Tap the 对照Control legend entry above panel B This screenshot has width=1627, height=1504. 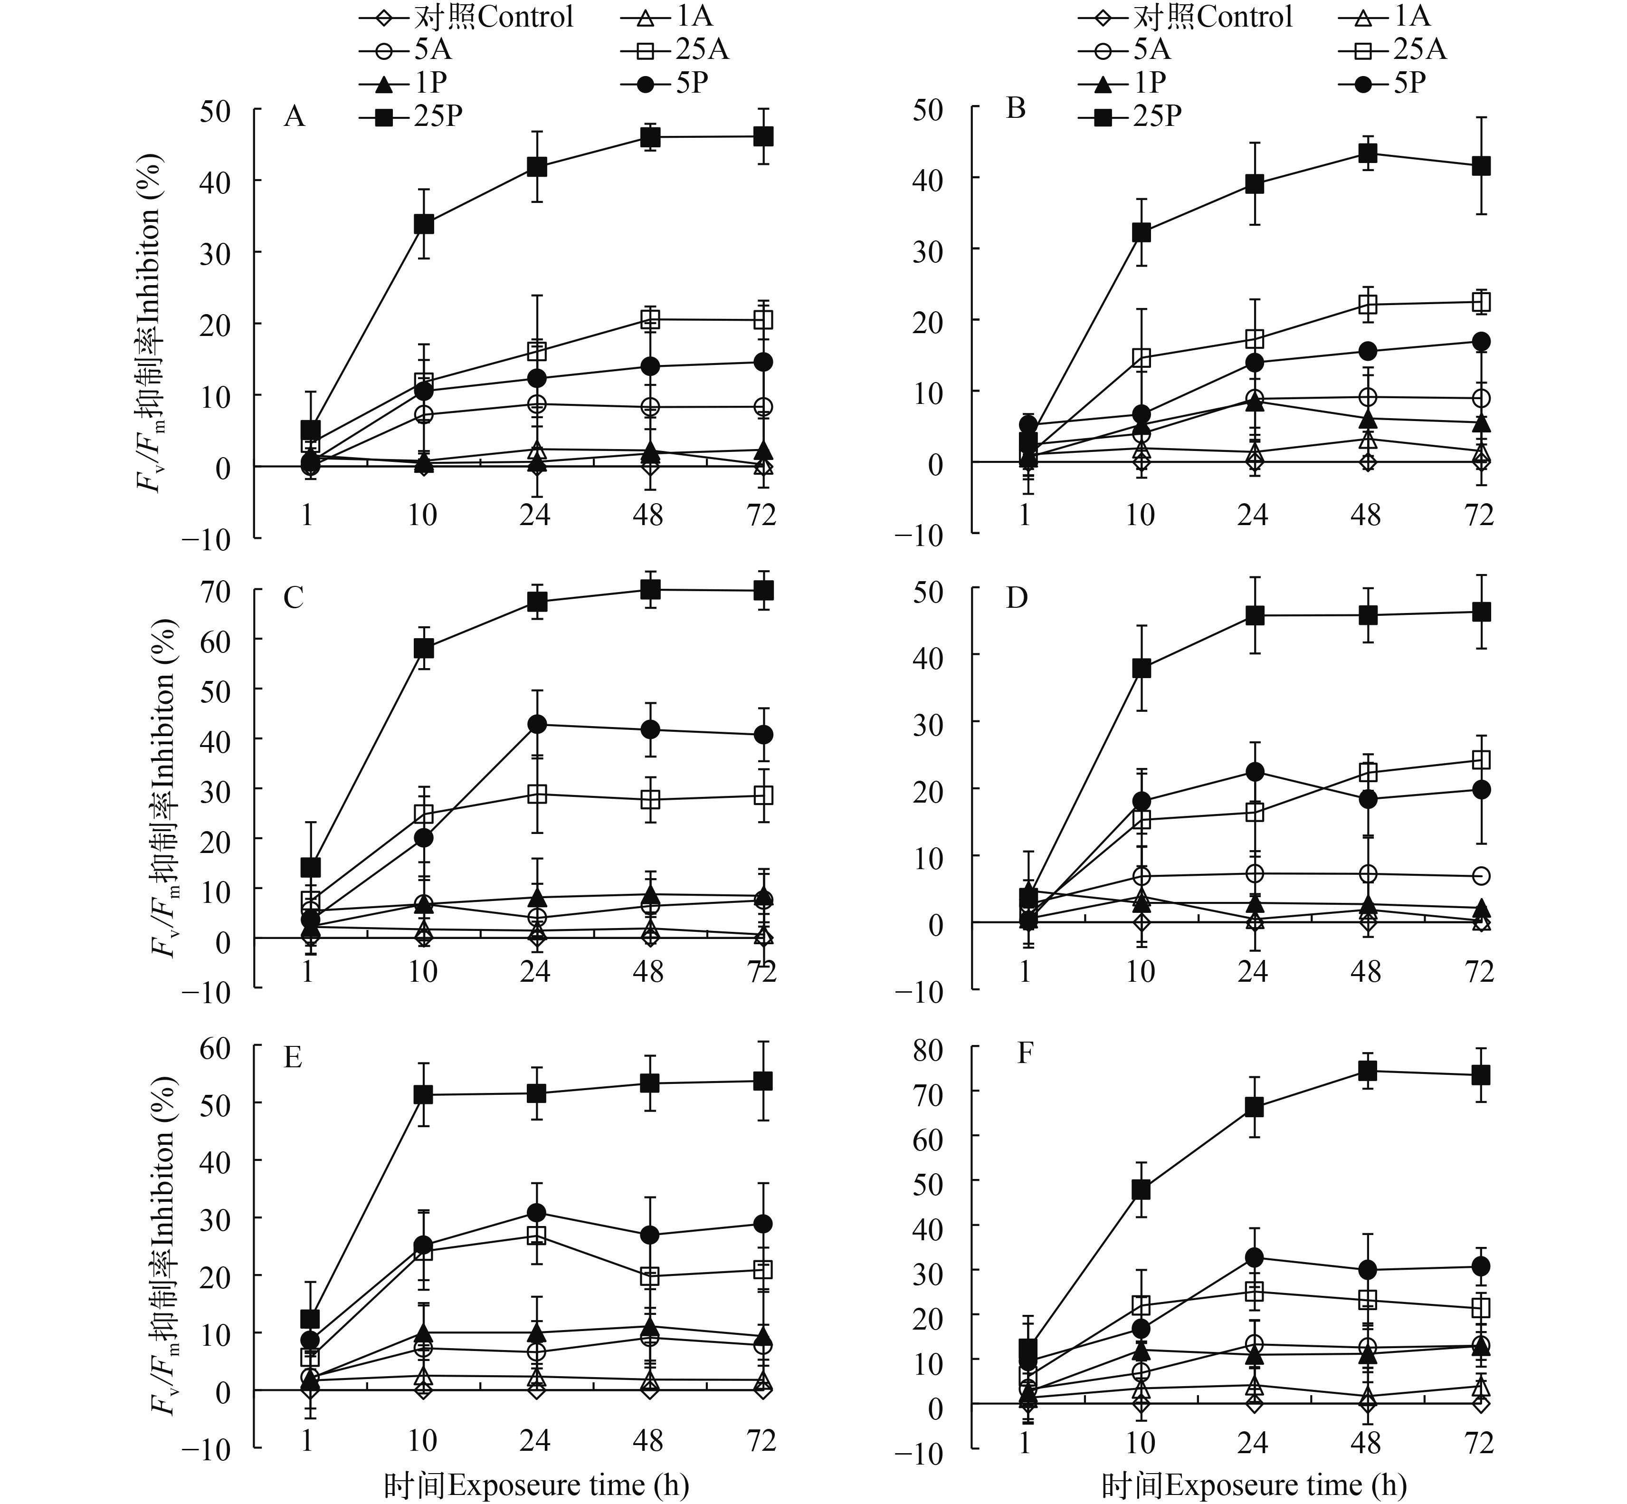(1187, 16)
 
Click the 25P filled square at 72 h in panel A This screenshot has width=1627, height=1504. (762, 137)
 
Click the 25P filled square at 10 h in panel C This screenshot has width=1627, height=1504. (423, 649)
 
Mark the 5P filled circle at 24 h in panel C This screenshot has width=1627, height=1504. (536, 724)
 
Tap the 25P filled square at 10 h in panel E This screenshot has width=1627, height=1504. (423, 1095)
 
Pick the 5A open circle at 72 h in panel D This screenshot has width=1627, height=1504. (1481, 876)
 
